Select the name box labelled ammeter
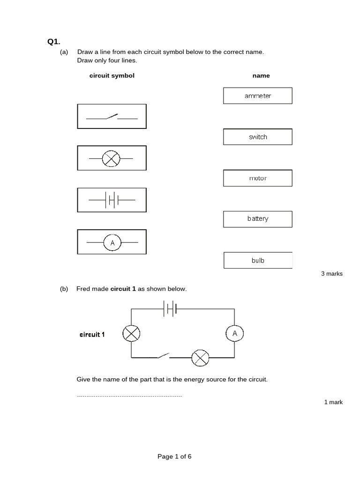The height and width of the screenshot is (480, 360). click(x=258, y=96)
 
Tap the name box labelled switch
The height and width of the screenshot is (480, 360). click(x=258, y=137)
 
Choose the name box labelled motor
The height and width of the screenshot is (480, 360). click(x=258, y=178)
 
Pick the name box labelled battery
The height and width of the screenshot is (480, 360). click(x=258, y=219)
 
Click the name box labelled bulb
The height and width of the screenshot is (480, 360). click(x=258, y=260)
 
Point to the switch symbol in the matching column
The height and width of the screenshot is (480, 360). click(x=112, y=116)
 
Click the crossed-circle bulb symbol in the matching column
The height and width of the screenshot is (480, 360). click(x=111, y=158)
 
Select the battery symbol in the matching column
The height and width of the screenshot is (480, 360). click(x=112, y=200)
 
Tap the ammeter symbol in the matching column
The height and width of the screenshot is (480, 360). click(x=112, y=242)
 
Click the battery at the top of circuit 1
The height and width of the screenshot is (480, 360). click(x=170, y=309)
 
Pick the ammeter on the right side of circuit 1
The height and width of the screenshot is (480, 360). click(x=235, y=333)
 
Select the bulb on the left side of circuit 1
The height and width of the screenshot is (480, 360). click(x=131, y=333)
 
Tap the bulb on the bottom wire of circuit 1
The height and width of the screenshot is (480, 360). click(x=201, y=358)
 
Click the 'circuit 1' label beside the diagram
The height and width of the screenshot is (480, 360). click(x=92, y=335)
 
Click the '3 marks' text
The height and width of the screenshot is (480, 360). click(x=331, y=274)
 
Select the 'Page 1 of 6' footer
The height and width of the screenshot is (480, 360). click(x=174, y=457)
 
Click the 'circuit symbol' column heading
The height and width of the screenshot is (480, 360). click(x=112, y=75)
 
